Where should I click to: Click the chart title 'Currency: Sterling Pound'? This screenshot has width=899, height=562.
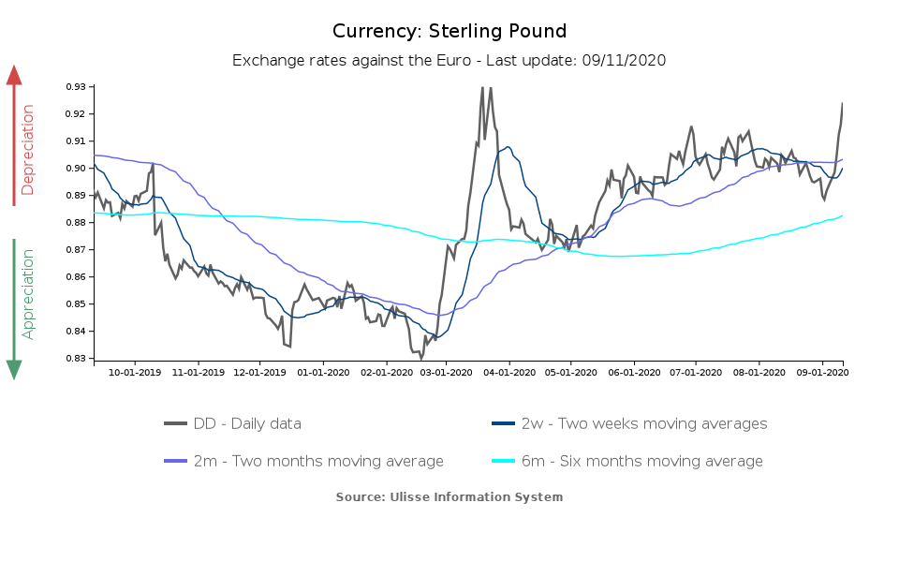tap(449, 31)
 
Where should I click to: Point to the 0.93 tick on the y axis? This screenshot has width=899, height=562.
tap(76, 87)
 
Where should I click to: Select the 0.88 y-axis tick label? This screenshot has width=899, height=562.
tap(76, 223)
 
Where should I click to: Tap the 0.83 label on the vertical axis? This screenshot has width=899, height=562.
tap(76, 359)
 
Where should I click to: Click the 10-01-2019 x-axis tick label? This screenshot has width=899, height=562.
tap(135, 372)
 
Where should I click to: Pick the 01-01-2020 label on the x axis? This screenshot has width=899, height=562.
tap(322, 372)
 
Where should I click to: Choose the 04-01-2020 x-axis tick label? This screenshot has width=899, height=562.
tap(509, 372)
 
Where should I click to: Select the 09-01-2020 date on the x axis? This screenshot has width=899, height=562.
tap(822, 372)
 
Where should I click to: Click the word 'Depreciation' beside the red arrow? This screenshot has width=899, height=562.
tap(28, 150)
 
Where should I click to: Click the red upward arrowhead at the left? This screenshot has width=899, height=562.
tap(14, 75)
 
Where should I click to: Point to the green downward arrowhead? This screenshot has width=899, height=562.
tap(14, 370)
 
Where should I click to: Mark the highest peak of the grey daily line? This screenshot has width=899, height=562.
tap(482, 87)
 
